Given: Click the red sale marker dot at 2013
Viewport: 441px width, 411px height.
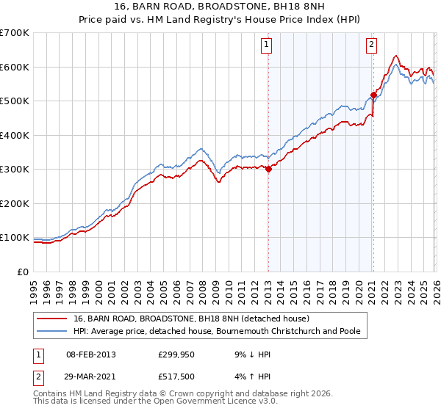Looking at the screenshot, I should [268, 169].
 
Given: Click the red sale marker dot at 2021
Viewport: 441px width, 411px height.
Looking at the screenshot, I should [373, 95].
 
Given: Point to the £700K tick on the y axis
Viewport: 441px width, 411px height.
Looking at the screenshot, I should [15, 33].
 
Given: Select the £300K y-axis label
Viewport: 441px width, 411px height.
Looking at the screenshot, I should [15, 170].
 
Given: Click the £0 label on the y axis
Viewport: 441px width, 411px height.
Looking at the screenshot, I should [21, 272].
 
